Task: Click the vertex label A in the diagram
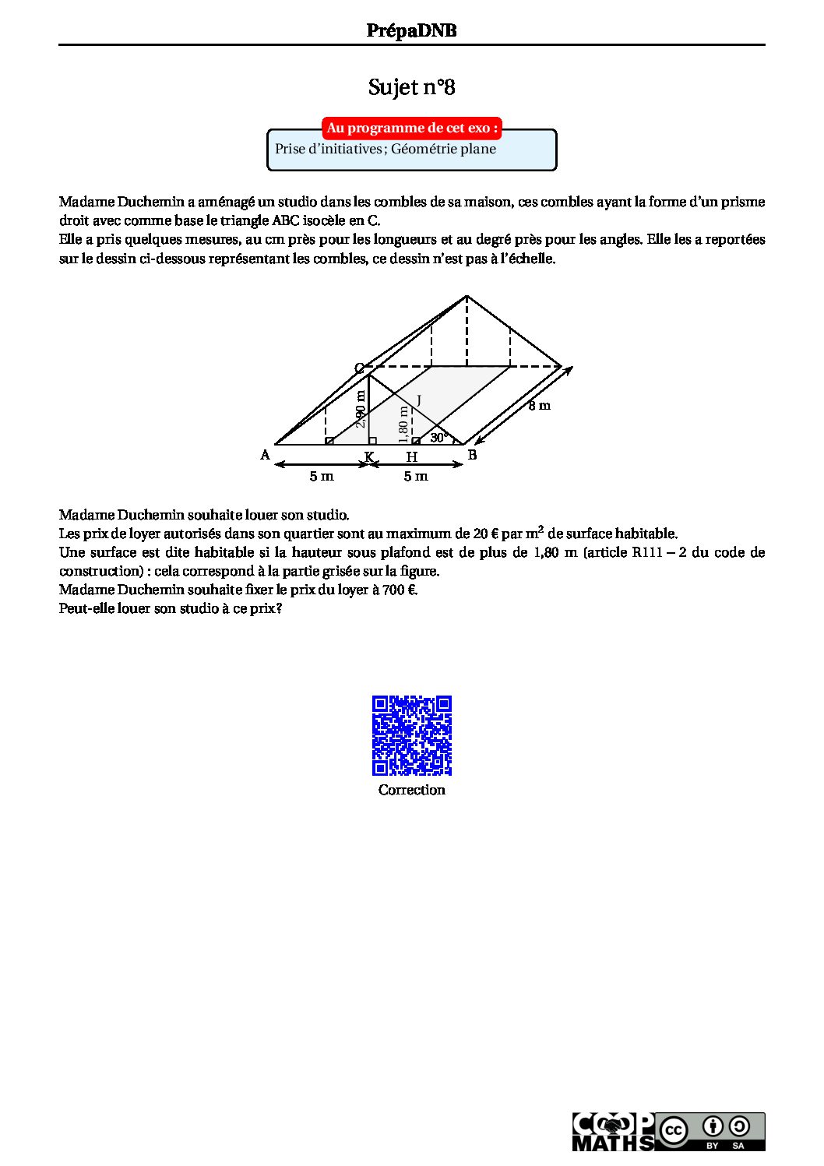point(266,455)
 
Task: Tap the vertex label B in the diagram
point(472,455)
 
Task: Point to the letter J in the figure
point(418,400)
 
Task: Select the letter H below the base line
point(412,457)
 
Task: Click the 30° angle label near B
point(439,438)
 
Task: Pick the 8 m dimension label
point(539,405)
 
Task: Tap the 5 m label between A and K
point(322,476)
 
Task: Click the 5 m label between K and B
point(416,476)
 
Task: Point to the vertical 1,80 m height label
point(403,421)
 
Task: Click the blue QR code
point(412,735)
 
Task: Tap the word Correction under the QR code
point(412,790)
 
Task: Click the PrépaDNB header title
point(411,30)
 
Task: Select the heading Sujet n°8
point(411,87)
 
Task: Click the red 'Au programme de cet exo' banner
point(411,128)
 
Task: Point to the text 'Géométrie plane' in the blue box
point(443,149)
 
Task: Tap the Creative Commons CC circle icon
point(673,1131)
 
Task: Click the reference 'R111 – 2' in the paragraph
point(657,552)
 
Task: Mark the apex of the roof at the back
point(467,296)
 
